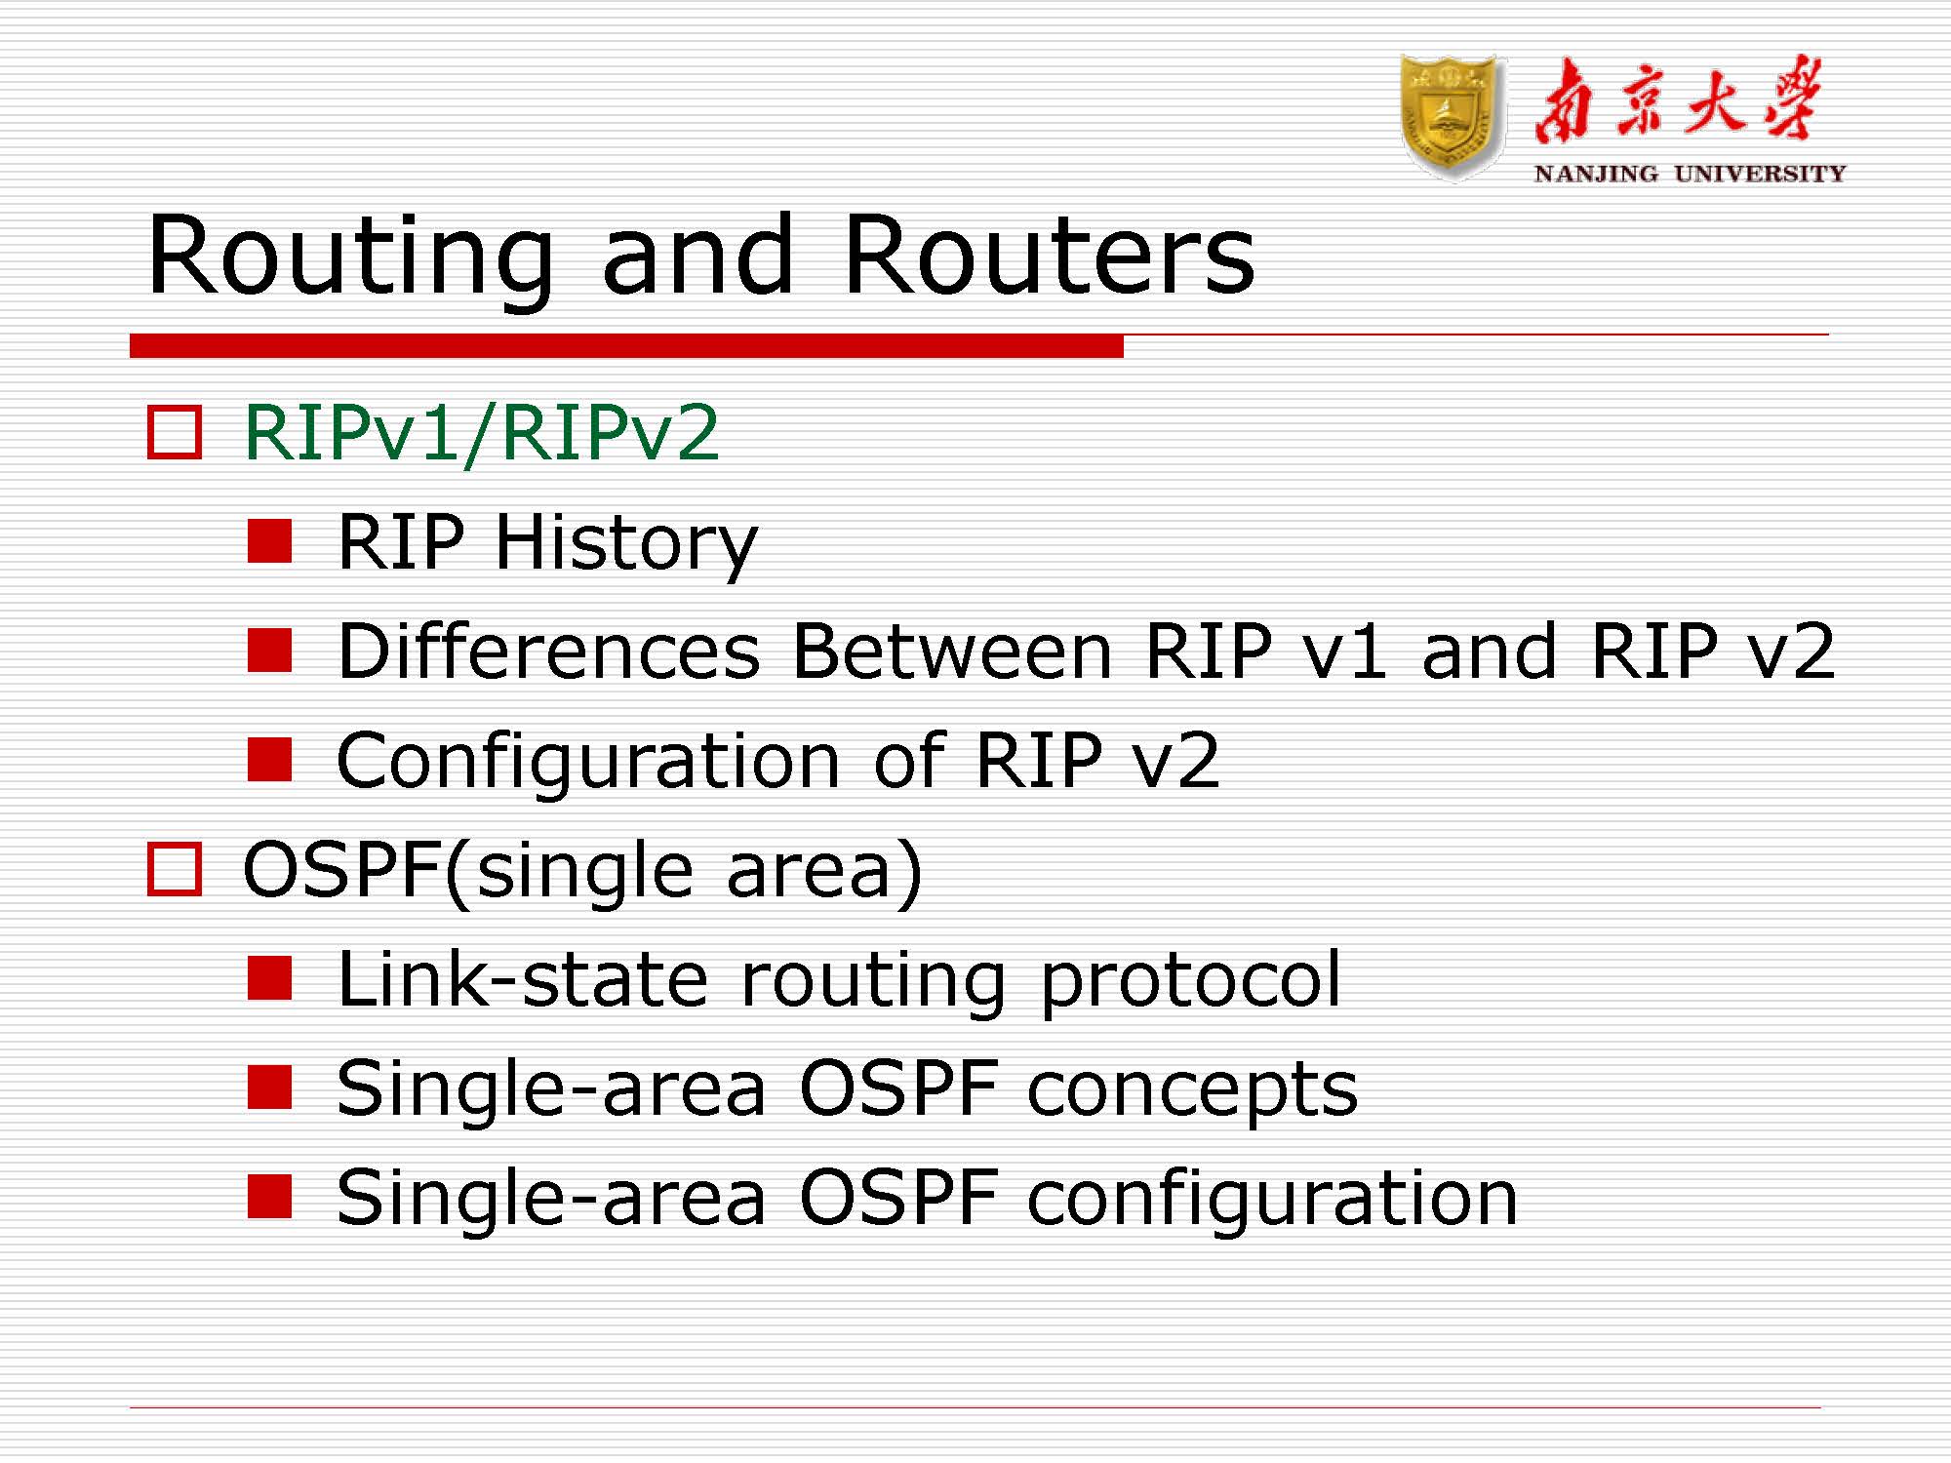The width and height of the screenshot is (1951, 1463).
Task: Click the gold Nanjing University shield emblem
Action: (x=1452, y=117)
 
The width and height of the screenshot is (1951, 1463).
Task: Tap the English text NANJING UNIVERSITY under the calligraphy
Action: (x=1690, y=174)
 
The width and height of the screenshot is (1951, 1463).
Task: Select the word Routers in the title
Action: (x=1049, y=256)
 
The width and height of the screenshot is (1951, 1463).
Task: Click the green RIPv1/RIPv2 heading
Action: (x=481, y=432)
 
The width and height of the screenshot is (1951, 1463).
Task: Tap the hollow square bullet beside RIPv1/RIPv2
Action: (x=175, y=432)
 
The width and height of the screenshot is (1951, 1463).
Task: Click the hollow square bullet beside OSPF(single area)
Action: (x=175, y=869)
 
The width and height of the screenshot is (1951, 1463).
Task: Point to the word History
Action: (x=625, y=542)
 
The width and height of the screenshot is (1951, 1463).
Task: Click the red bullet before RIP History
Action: (x=270, y=541)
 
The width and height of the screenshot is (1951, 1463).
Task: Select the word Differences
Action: (x=548, y=652)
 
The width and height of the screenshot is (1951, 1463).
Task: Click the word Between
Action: (x=952, y=652)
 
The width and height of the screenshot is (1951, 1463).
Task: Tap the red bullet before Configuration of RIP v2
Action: (x=270, y=760)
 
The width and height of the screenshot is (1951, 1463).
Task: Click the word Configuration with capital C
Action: (x=587, y=761)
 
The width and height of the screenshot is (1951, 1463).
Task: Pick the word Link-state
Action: (x=522, y=979)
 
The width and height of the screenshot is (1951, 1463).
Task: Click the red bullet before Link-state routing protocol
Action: (x=270, y=978)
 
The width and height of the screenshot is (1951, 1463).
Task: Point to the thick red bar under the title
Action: (x=626, y=345)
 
